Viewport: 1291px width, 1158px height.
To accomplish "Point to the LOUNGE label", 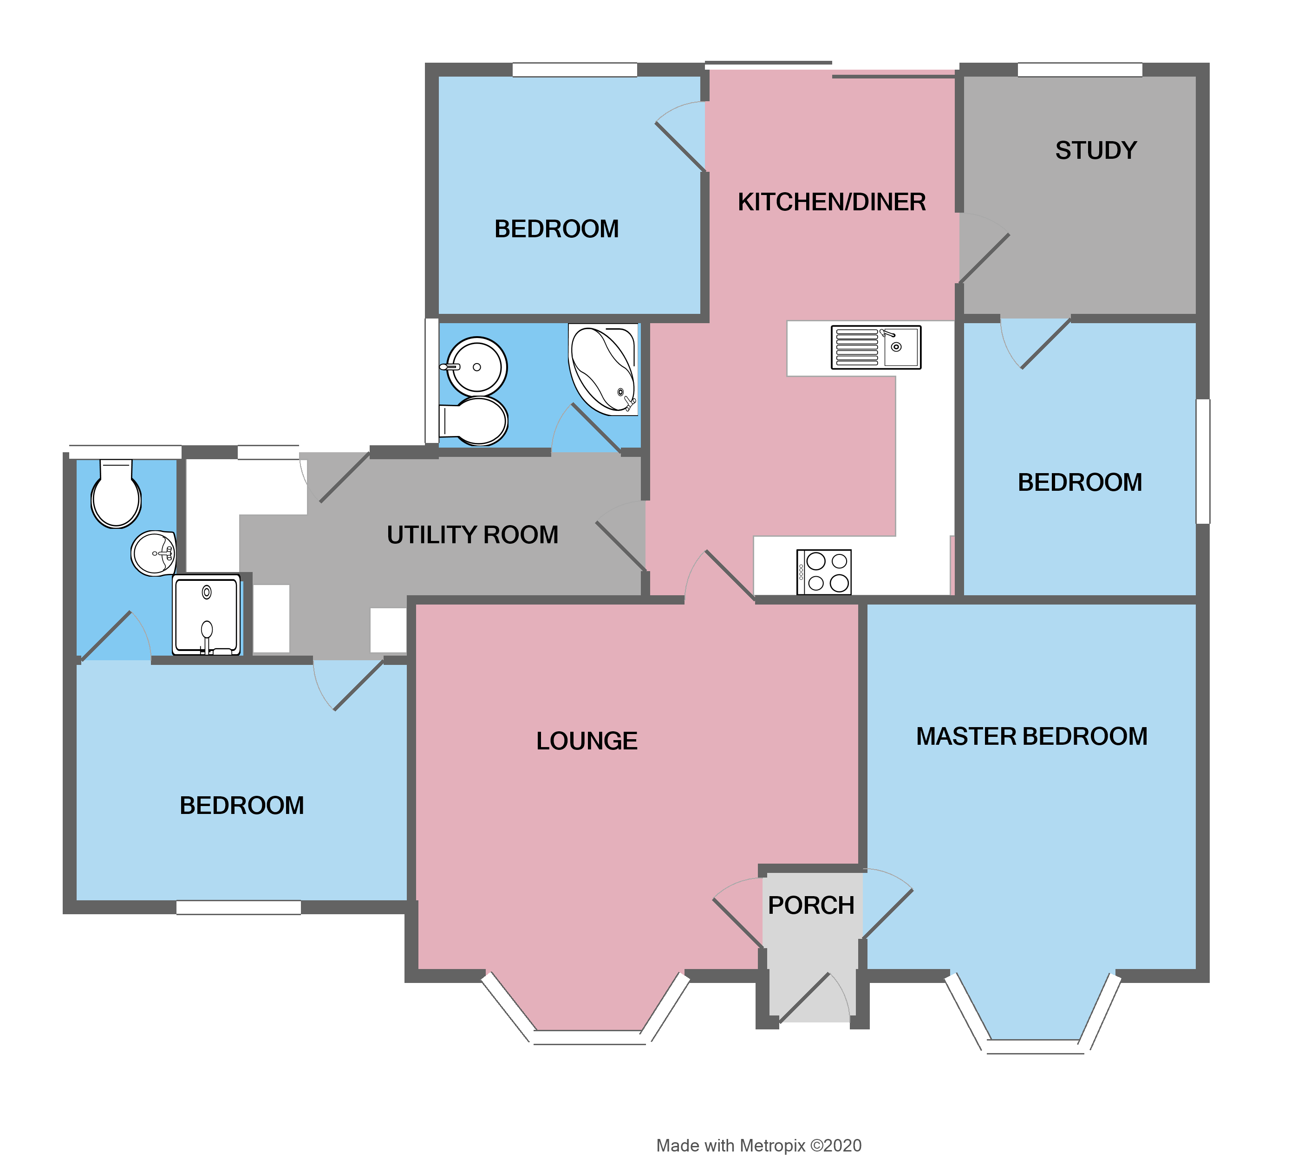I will coord(586,741).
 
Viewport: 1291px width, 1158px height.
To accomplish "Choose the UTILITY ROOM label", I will coord(472,535).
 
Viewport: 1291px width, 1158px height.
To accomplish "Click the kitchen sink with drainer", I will coord(875,347).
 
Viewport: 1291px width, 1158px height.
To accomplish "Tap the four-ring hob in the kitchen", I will coord(823,572).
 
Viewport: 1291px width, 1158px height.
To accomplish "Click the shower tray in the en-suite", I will coord(207,615).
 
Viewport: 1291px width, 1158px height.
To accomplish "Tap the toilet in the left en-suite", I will coord(116,496).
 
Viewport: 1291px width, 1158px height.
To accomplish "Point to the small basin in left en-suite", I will coord(153,553).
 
